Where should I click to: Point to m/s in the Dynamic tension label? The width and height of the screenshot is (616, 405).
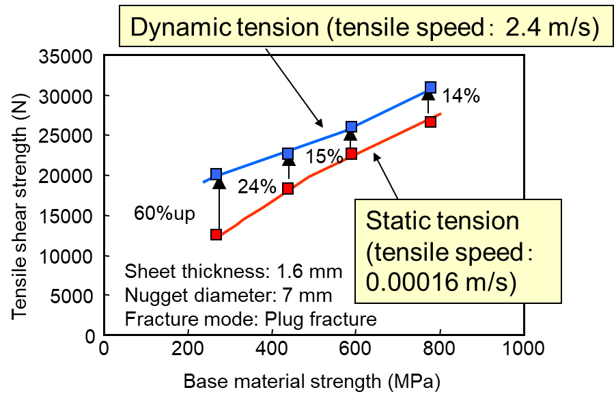(x=570, y=28)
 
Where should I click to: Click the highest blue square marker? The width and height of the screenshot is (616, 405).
(x=430, y=87)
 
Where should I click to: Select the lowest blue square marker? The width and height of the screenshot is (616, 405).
(x=216, y=174)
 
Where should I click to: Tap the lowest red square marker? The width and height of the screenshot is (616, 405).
(x=216, y=234)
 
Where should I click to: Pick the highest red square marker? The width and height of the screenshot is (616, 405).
(x=430, y=122)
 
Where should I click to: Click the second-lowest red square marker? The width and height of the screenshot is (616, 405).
(x=288, y=188)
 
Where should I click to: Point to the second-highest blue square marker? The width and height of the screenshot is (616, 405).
(x=351, y=126)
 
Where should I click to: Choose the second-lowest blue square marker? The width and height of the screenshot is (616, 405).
(x=288, y=154)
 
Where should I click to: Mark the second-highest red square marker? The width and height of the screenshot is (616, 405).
(x=351, y=154)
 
